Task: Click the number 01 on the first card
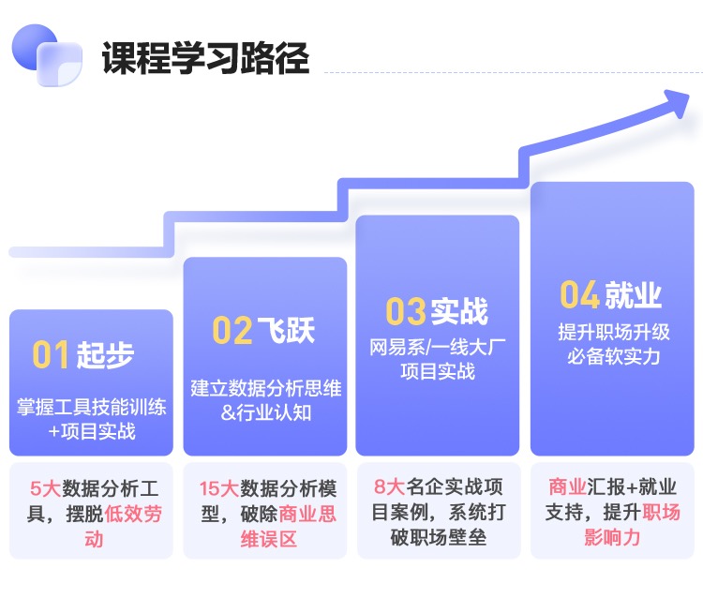pyautogui.click(x=52, y=355)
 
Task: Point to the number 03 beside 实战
pyautogui.click(x=406, y=311)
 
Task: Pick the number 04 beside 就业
pyautogui.click(x=579, y=295)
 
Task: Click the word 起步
pyautogui.click(x=105, y=355)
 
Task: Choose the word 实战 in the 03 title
pyautogui.click(x=459, y=311)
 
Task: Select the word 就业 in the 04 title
pyautogui.click(x=634, y=295)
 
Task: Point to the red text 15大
pyautogui.click(x=218, y=488)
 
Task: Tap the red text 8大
pyautogui.click(x=389, y=488)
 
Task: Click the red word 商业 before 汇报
pyautogui.click(x=566, y=488)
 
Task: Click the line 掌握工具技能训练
pyautogui.click(x=91, y=408)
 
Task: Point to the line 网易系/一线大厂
pyautogui.click(x=437, y=347)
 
